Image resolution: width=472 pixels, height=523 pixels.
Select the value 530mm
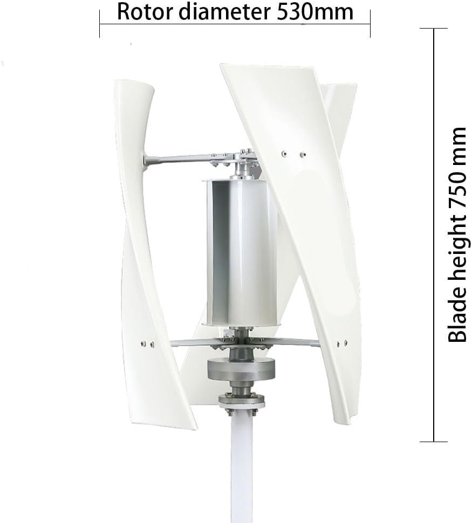point(315,11)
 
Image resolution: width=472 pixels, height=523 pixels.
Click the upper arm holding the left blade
point(183,159)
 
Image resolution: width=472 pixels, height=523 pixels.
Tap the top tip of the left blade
point(131,82)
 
